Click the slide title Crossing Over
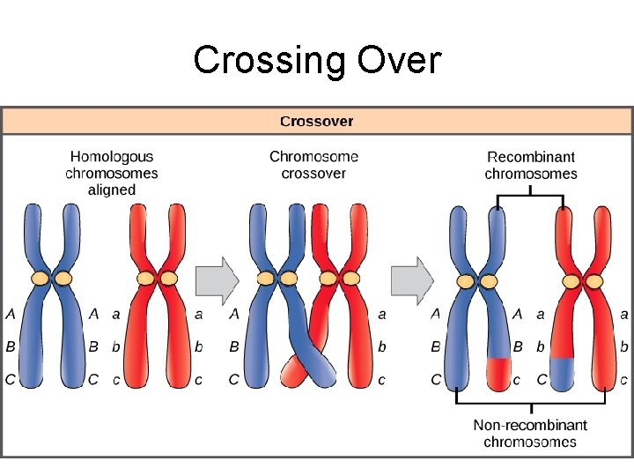[316, 61]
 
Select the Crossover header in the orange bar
[316, 121]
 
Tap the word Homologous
[112, 157]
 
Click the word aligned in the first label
[112, 190]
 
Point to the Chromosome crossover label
[313, 165]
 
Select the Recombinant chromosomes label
[531, 165]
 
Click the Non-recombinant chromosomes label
[530, 433]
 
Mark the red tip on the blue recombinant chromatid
[499, 373]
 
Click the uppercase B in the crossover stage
[234, 346]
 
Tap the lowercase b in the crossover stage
[382, 346]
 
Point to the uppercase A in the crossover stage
[234, 313]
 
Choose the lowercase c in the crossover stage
[382, 380]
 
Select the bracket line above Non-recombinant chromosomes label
[530, 403]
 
